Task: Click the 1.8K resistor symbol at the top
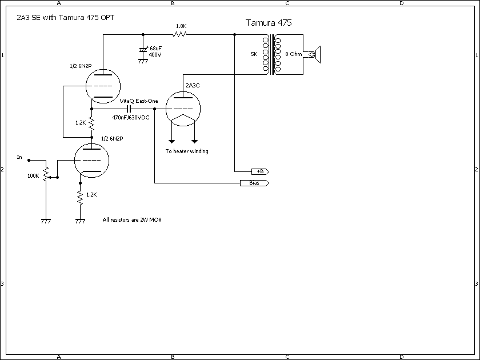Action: [x=181, y=34]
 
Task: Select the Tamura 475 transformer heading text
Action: [x=269, y=23]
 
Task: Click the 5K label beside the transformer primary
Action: [x=254, y=54]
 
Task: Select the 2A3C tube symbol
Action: [x=182, y=108]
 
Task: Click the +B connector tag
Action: [x=259, y=171]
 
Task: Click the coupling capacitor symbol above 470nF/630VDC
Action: [x=130, y=108]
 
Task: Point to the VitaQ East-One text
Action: [x=138, y=101]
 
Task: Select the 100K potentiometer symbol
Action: [x=46, y=172]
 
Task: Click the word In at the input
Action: [x=19, y=157]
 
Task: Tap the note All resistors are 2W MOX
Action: [x=131, y=219]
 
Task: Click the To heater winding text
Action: [x=187, y=151]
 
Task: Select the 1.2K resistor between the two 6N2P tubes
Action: [x=91, y=123]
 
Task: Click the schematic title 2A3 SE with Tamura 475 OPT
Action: [x=65, y=18]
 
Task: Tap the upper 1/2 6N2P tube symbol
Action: [x=102, y=86]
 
